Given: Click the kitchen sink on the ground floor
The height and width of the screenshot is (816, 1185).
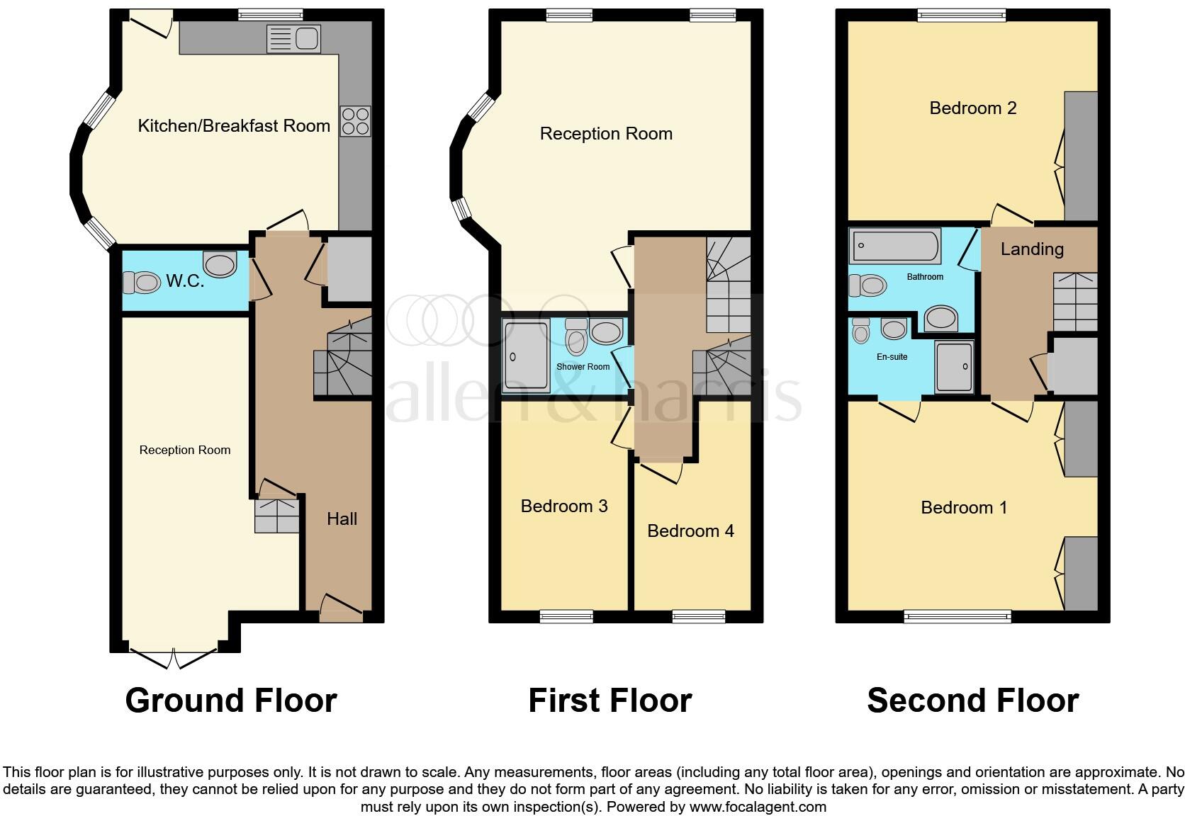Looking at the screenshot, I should [294, 38].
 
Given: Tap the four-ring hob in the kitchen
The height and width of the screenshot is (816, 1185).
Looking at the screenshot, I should [355, 120].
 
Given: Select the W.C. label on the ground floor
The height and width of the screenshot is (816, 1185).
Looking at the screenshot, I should [185, 281].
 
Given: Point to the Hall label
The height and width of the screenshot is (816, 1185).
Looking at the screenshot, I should [342, 519].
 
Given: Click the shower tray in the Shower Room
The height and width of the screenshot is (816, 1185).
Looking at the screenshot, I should [525, 356].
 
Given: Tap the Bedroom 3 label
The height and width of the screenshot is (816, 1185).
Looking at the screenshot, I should [564, 506].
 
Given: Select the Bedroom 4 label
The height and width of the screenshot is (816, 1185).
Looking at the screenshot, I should [690, 531].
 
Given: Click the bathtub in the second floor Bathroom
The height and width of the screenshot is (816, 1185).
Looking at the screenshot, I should [895, 246].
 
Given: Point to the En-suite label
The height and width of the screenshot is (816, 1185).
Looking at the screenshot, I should [892, 357].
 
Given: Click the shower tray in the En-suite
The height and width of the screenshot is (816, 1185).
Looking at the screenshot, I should [954, 366].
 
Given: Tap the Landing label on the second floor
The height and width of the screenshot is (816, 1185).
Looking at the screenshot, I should [1032, 249].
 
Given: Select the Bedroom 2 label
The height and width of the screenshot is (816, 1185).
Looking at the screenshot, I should [972, 108].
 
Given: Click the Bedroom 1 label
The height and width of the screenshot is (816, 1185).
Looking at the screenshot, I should [964, 507].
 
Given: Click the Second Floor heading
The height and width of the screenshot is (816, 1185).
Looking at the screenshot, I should [972, 701].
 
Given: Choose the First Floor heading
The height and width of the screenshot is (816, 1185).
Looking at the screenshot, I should [610, 701].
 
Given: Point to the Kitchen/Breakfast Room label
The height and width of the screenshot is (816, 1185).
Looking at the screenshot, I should [234, 126].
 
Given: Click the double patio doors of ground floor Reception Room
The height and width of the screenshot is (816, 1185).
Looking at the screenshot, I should [174, 657].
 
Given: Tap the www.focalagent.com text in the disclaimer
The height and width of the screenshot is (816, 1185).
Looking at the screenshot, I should [758, 807].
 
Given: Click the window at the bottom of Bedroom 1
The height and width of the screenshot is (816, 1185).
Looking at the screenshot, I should [957, 617].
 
